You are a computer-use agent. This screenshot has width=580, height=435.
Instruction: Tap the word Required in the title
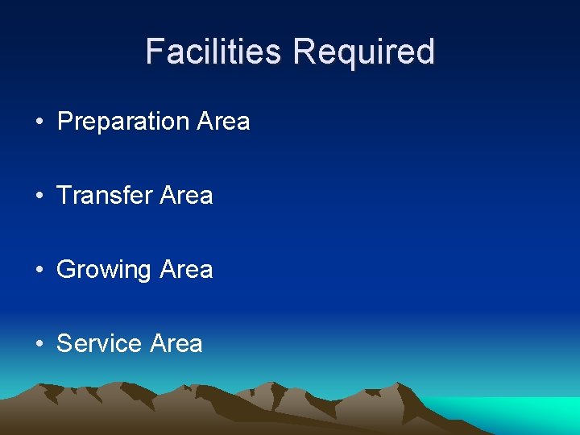click(364, 52)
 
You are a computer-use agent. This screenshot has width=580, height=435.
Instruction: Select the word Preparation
click(122, 122)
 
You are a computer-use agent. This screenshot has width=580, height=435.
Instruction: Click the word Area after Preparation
click(223, 122)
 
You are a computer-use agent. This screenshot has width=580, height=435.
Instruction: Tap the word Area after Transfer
click(186, 196)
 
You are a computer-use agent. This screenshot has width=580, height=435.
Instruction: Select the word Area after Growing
click(186, 270)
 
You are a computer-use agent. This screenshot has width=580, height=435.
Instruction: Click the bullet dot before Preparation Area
click(39, 122)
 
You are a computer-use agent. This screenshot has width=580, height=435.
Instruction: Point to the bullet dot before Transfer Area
click(39, 197)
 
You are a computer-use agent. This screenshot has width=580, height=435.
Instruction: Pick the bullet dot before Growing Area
click(39, 271)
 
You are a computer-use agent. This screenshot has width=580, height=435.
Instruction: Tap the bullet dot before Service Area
click(39, 345)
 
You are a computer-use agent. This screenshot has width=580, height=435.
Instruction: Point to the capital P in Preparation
click(66, 122)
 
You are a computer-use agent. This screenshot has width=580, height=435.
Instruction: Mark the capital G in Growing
click(66, 270)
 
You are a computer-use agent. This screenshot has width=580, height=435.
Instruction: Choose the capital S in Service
click(65, 344)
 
